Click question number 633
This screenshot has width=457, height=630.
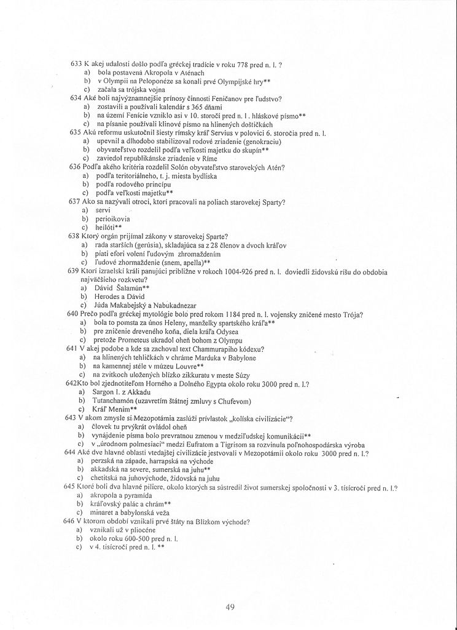pos(77,65)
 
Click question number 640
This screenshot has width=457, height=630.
pos(72,315)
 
